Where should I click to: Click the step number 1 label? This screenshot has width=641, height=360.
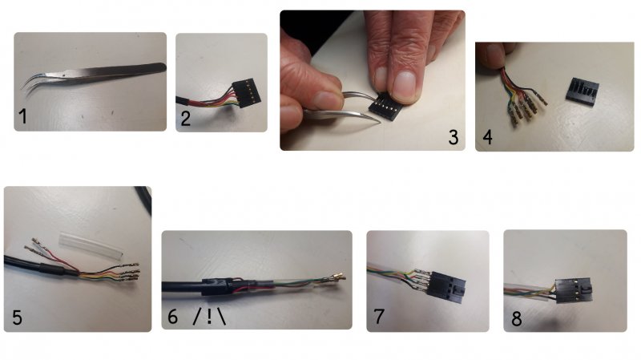pyautogui.click(x=23, y=116)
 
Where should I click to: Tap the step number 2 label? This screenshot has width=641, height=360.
pyautogui.click(x=186, y=119)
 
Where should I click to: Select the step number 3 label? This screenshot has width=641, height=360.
pyautogui.click(x=453, y=137)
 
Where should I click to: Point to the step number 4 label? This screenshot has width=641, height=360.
pyautogui.click(x=487, y=137)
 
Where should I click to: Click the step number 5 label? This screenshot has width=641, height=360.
pyautogui.click(x=17, y=318)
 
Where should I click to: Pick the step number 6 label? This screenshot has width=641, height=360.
pyautogui.click(x=173, y=317)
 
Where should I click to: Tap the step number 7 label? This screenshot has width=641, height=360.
pyautogui.click(x=379, y=316)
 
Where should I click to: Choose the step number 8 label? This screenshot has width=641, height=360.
pyautogui.click(x=517, y=318)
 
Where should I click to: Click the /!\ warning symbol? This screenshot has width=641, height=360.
pyautogui.click(x=209, y=317)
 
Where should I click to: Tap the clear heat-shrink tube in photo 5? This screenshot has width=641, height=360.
pyautogui.click(x=91, y=245)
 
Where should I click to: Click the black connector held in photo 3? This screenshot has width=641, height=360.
pyautogui.click(x=386, y=107)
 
